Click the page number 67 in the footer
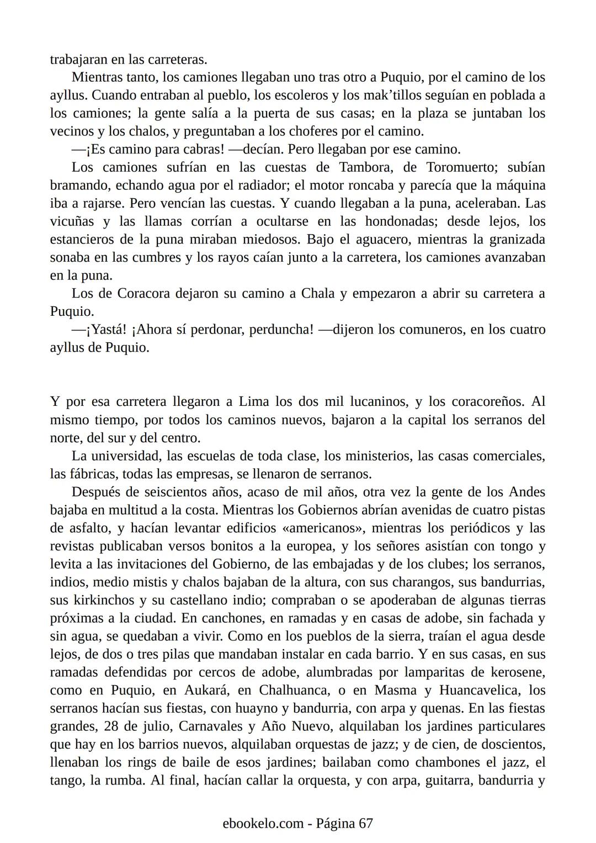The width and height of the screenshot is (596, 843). pos(366,823)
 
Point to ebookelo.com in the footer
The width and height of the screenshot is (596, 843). pos(263,823)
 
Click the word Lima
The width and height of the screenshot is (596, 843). pos(254,401)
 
